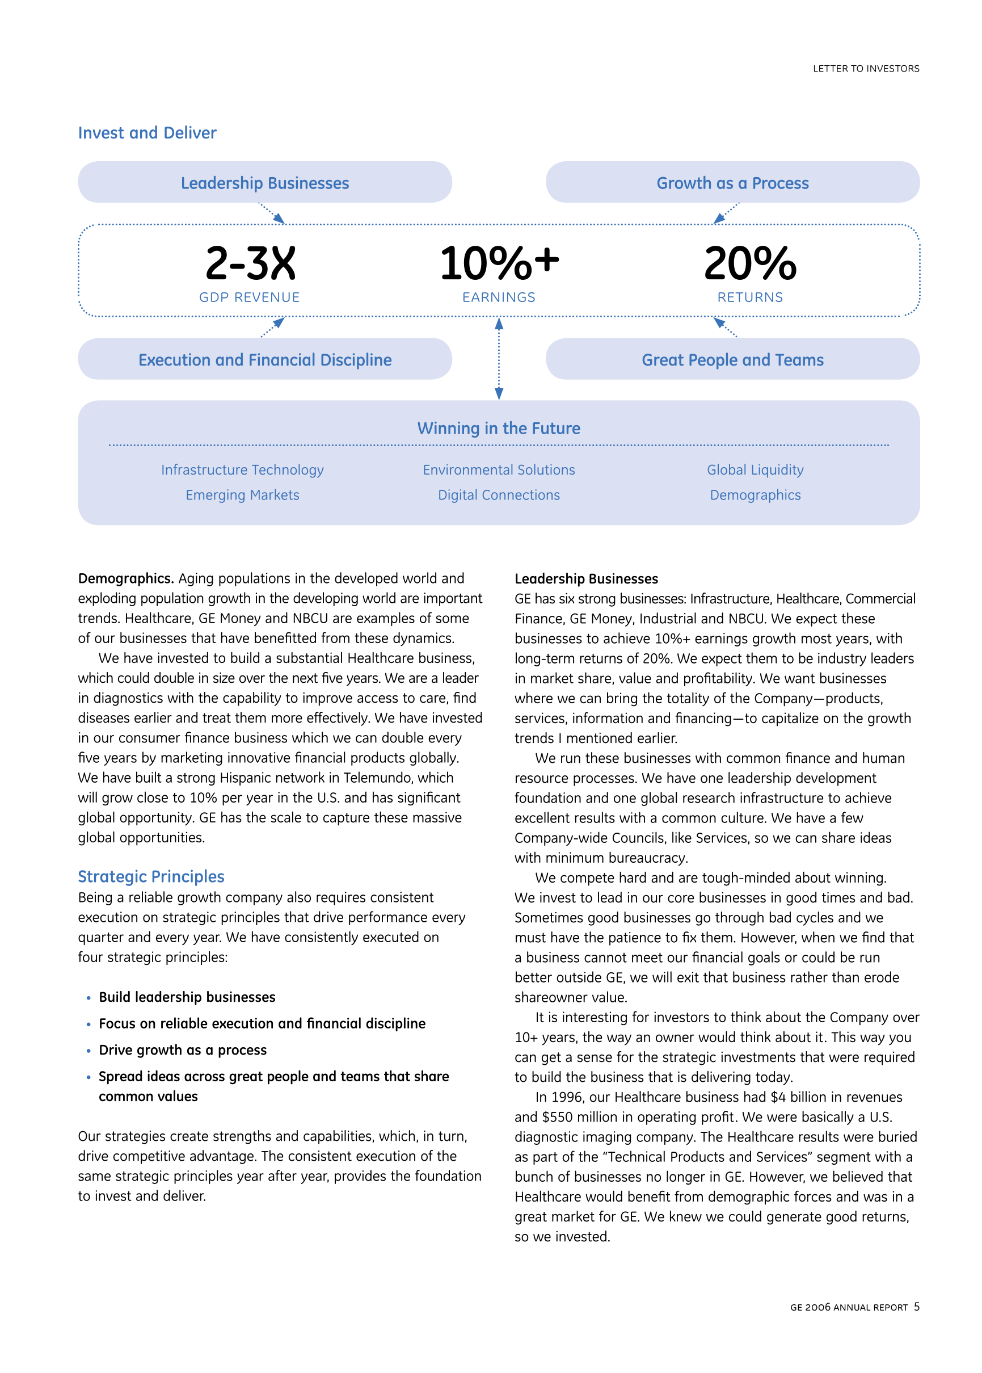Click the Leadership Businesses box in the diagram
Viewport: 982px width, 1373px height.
click(x=265, y=183)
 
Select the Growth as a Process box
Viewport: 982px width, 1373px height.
click(x=732, y=183)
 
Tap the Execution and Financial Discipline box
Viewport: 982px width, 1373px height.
click(x=265, y=359)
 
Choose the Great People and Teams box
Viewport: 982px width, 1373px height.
click(x=732, y=359)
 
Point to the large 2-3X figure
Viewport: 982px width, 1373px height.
click(x=250, y=263)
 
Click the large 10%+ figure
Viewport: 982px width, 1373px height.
click(x=499, y=263)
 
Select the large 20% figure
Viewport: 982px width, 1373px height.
click(x=750, y=263)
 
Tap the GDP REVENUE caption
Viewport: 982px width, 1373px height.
click(x=249, y=297)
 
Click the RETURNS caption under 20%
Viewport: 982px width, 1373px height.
click(x=750, y=297)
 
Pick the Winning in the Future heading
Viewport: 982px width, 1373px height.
click(x=498, y=428)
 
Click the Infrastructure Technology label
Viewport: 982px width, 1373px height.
click(x=242, y=470)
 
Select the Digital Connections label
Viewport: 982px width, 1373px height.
click(x=499, y=495)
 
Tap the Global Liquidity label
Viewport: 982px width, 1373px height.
click(x=755, y=470)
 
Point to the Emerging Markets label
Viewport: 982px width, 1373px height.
click(x=242, y=495)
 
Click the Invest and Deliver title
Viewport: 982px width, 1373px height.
click(x=147, y=132)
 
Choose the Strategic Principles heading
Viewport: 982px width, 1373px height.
click(x=150, y=876)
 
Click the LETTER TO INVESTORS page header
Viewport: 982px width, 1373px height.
click(x=865, y=69)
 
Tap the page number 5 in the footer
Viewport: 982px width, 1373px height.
click(x=917, y=1307)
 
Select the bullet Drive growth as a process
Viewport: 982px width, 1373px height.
click(x=183, y=1050)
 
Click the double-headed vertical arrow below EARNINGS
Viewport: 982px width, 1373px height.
click(x=499, y=359)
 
